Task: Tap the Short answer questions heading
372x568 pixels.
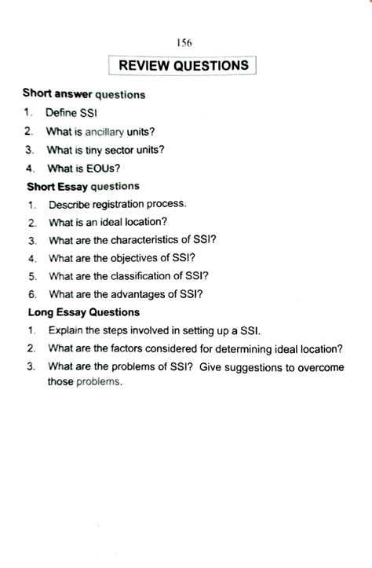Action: (x=84, y=94)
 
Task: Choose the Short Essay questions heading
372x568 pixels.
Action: (x=83, y=186)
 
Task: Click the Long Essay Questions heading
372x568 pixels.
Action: (x=84, y=312)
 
